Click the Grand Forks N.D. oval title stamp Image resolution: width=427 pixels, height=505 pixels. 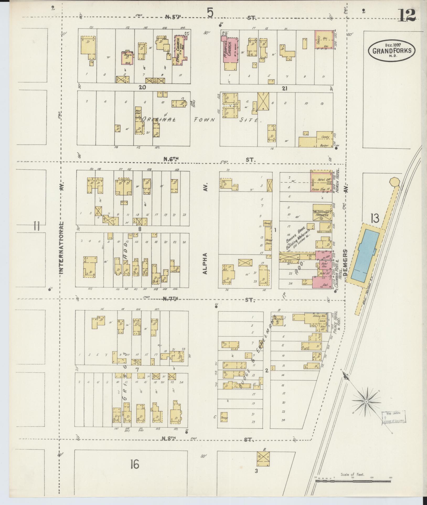click(x=392, y=50)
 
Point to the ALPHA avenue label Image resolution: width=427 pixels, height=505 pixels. click(x=205, y=263)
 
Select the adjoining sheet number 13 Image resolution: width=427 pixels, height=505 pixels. click(x=375, y=218)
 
